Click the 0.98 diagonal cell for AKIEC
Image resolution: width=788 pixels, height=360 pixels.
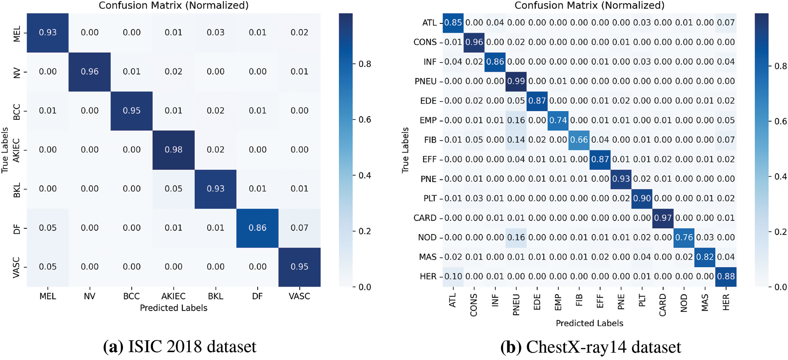(173, 150)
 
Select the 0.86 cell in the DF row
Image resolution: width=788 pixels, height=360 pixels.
(257, 228)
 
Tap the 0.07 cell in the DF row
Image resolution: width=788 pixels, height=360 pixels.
(299, 228)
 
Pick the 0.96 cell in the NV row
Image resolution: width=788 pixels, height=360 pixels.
(90, 72)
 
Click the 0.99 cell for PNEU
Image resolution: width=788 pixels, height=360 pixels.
(516, 81)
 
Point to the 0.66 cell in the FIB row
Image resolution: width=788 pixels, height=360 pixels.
(579, 140)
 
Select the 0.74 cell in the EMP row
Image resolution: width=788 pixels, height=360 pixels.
(558, 120)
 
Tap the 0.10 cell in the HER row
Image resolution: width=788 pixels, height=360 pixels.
(453, 276)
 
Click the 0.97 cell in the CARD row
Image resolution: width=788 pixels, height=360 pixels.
(663, 218)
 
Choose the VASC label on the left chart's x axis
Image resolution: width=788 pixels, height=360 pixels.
(299, 296)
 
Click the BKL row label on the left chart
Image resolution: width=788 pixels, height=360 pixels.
(17, 190)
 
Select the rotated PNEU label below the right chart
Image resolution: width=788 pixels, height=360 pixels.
(516, 305)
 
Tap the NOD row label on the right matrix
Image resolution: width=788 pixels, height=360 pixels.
(427, 237)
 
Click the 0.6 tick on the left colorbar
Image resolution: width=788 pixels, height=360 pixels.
(364, 120)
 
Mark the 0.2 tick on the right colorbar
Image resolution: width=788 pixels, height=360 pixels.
(780, 232)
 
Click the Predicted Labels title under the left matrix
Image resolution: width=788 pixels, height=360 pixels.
(173, 308)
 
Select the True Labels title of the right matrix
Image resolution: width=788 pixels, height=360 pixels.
(405, 150)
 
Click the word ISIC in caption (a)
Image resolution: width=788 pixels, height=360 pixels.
(145, 347)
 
